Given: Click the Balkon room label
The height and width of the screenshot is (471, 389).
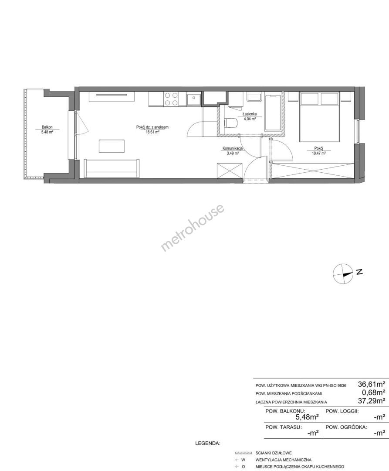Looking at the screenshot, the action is (x=47, y=127).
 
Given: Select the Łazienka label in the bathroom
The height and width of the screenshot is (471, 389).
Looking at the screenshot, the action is (x=250, y=114).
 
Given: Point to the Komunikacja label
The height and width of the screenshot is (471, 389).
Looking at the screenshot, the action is (x=233, y=148).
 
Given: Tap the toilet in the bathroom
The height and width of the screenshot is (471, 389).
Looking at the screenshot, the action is (x=230, y=123).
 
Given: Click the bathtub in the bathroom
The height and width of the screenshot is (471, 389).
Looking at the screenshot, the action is (x=273, y=113).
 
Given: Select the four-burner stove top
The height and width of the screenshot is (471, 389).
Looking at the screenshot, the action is (x=171, y=99).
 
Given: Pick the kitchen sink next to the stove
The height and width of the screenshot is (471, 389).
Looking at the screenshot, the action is (x=193, y=99).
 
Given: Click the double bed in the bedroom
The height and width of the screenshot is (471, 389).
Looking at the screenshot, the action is (x=320, y=116).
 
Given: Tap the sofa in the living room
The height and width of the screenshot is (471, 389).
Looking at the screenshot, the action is (x=112, y=168).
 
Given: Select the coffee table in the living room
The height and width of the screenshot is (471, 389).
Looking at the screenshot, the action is (x=112, y=146).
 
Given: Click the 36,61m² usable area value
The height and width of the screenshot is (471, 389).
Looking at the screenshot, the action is (x=372, y=384).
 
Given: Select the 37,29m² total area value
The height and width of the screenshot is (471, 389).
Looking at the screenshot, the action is (x=372, y=401).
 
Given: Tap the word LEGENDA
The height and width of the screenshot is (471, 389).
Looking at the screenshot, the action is (x=207, y=443).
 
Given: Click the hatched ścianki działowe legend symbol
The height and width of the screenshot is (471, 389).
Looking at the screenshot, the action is (x=243, y=453).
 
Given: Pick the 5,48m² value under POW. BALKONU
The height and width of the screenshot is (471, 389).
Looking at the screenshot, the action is (x=307, y=417).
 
